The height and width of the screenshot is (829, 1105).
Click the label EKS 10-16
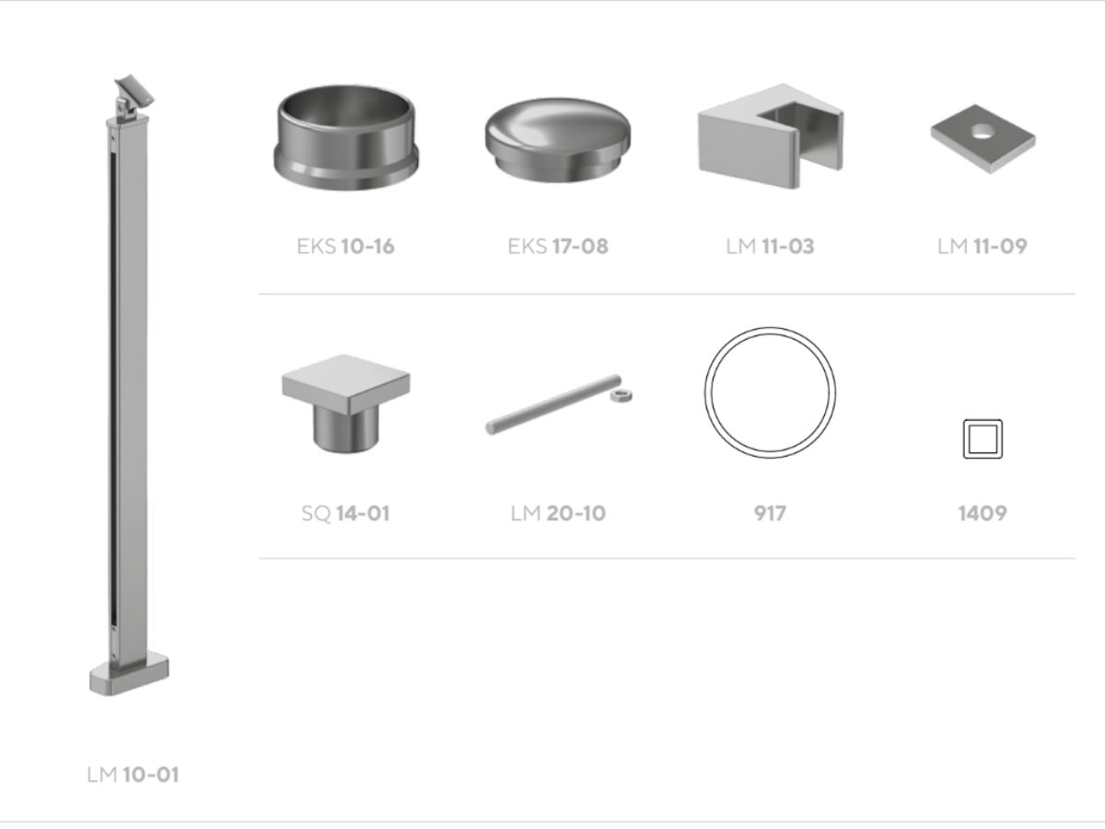click(x=345, y=247)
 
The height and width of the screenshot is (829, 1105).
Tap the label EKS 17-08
click(x=558, y=247)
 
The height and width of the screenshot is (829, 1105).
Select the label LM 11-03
click(x=770, y=247)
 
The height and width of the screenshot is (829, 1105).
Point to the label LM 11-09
click(x=983, y=247)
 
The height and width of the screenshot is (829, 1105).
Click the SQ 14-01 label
click(x=345, y=513)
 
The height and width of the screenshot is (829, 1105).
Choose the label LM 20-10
click(x=558, y=513)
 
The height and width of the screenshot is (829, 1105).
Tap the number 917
click(x=770, y=513)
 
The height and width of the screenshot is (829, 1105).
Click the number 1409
click(x=983, y=513)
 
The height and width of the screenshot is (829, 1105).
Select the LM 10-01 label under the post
click(x=133, y=775)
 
